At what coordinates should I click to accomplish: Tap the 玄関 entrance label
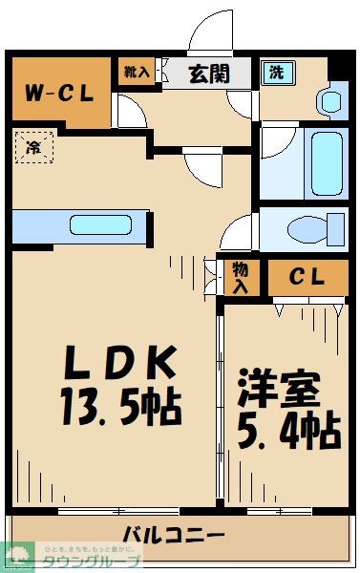pyautogui.click(x=208, y=73)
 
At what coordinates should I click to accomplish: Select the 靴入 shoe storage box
pyautogui.click(x=136, y=72)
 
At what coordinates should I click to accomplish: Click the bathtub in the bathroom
pyautogui.click(x=319, y=162)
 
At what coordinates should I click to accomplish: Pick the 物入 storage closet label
pyautogui.click(x=240, y=278)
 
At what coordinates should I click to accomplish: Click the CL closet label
pyautogui.click(x=307, y=278)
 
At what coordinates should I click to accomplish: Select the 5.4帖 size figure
pyautogui.click(x=286, y=432)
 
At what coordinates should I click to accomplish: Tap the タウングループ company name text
pyautogui.click(x=88, y=562)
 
